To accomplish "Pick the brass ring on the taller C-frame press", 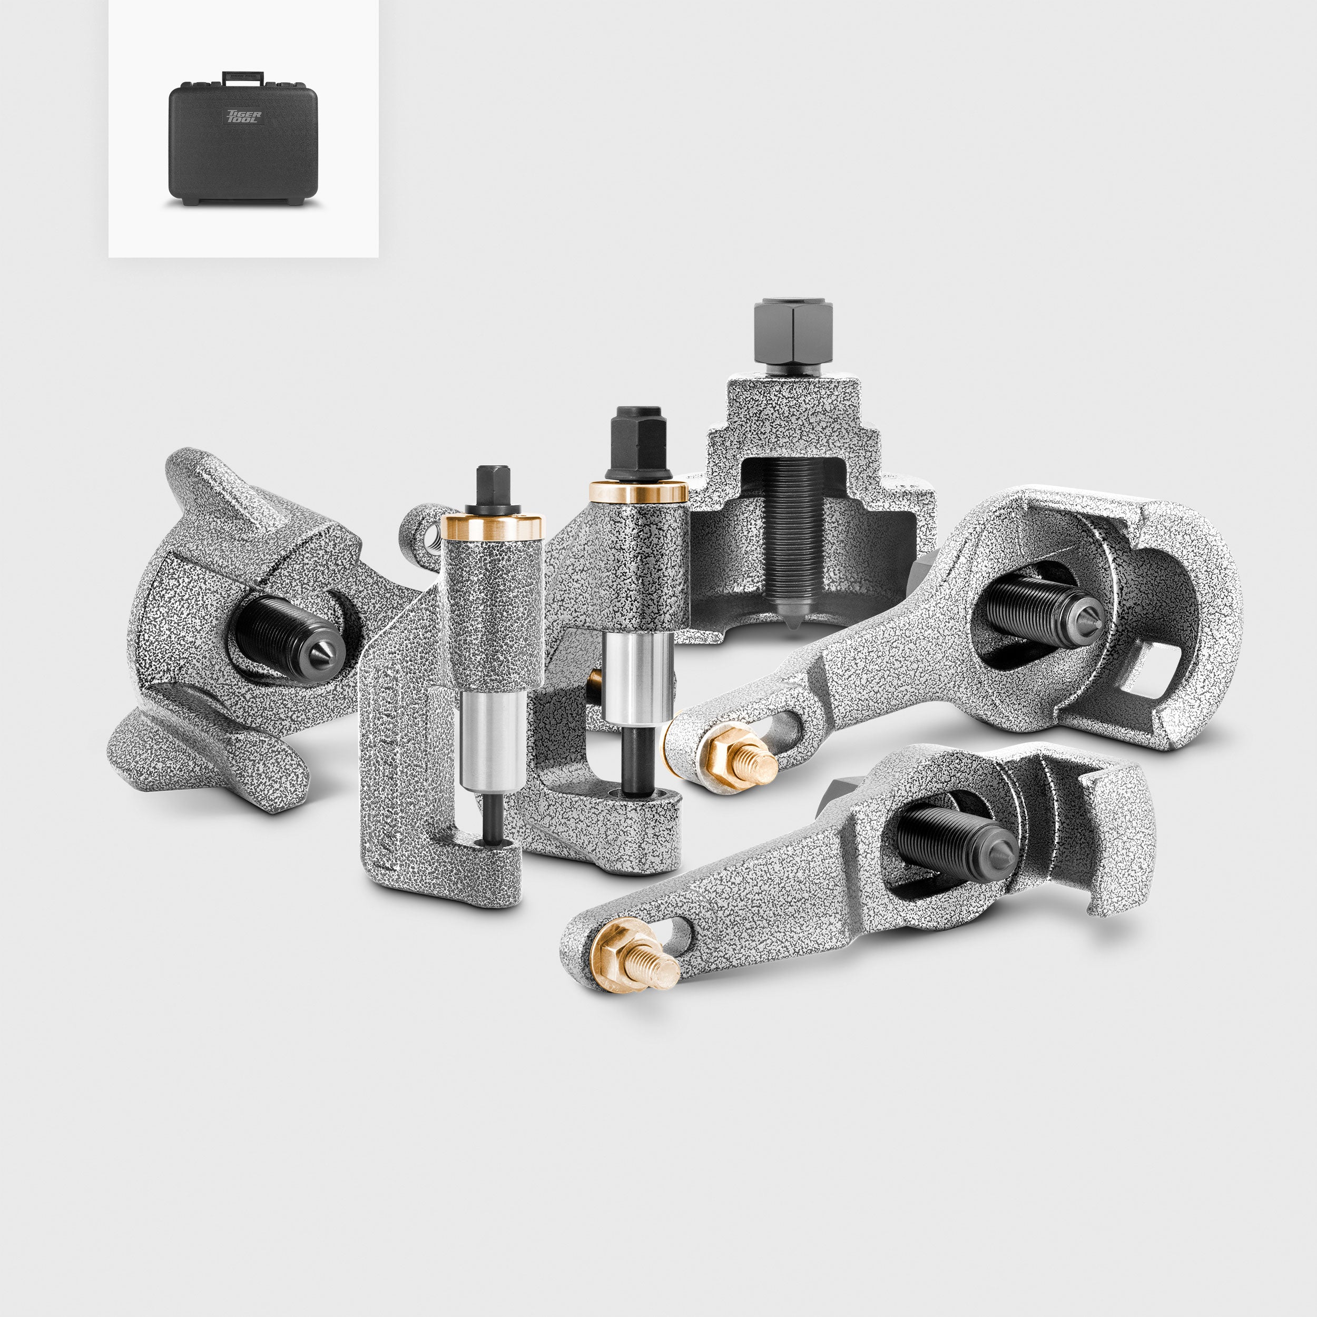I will coord(638,492).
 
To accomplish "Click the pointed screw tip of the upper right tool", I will coord(1090,620).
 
